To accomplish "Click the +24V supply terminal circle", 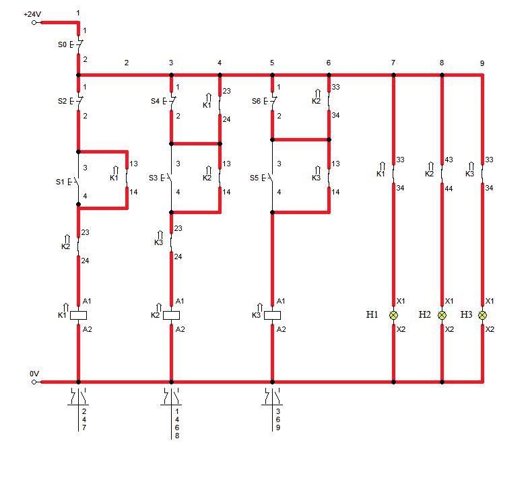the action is [34, 23].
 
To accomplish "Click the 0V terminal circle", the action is [34, 382].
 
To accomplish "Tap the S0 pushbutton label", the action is [62, 44].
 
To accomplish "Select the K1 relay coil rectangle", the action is [78, 315].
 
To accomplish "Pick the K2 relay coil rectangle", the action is [171, 315].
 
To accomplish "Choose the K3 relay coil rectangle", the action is [272, 315].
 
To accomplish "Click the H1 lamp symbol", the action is [393, 315].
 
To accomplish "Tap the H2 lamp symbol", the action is [442, 315].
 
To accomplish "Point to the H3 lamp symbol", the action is [482, 315].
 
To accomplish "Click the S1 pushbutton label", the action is [60, 182].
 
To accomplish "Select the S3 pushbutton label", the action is [154, 178].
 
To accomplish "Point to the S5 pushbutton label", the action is [255, 178].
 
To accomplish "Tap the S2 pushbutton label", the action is [62, 101].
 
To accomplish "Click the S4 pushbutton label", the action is [155, 101].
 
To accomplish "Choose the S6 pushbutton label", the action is [256, 101].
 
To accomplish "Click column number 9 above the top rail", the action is [482, 63].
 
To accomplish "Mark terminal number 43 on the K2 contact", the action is [449, 160].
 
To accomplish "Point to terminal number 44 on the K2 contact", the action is [449, 188].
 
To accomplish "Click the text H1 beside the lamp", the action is [372, 314].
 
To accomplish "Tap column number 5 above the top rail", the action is [272, 63].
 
